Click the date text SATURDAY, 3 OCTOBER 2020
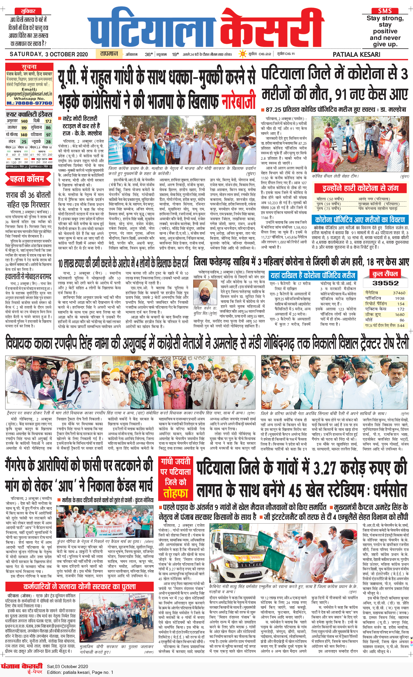click(x=49, y=54)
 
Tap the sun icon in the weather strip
click(x=242, y=54)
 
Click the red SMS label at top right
click(x=385, y=11)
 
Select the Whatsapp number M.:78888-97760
click(x=29, y=103)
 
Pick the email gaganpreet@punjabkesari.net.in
click(x=29, y=94)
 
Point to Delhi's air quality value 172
click(x=48, y=121)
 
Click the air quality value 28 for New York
click(x=48, y=142)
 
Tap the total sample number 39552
click(x=385, y=283)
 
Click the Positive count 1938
click(x=400, y=298)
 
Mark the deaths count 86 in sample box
click(x=402, y=320)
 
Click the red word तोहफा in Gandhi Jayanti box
click(x=176, y=493)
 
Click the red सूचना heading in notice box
click(x=29, y=67)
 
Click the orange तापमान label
click(x=109, y=54)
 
